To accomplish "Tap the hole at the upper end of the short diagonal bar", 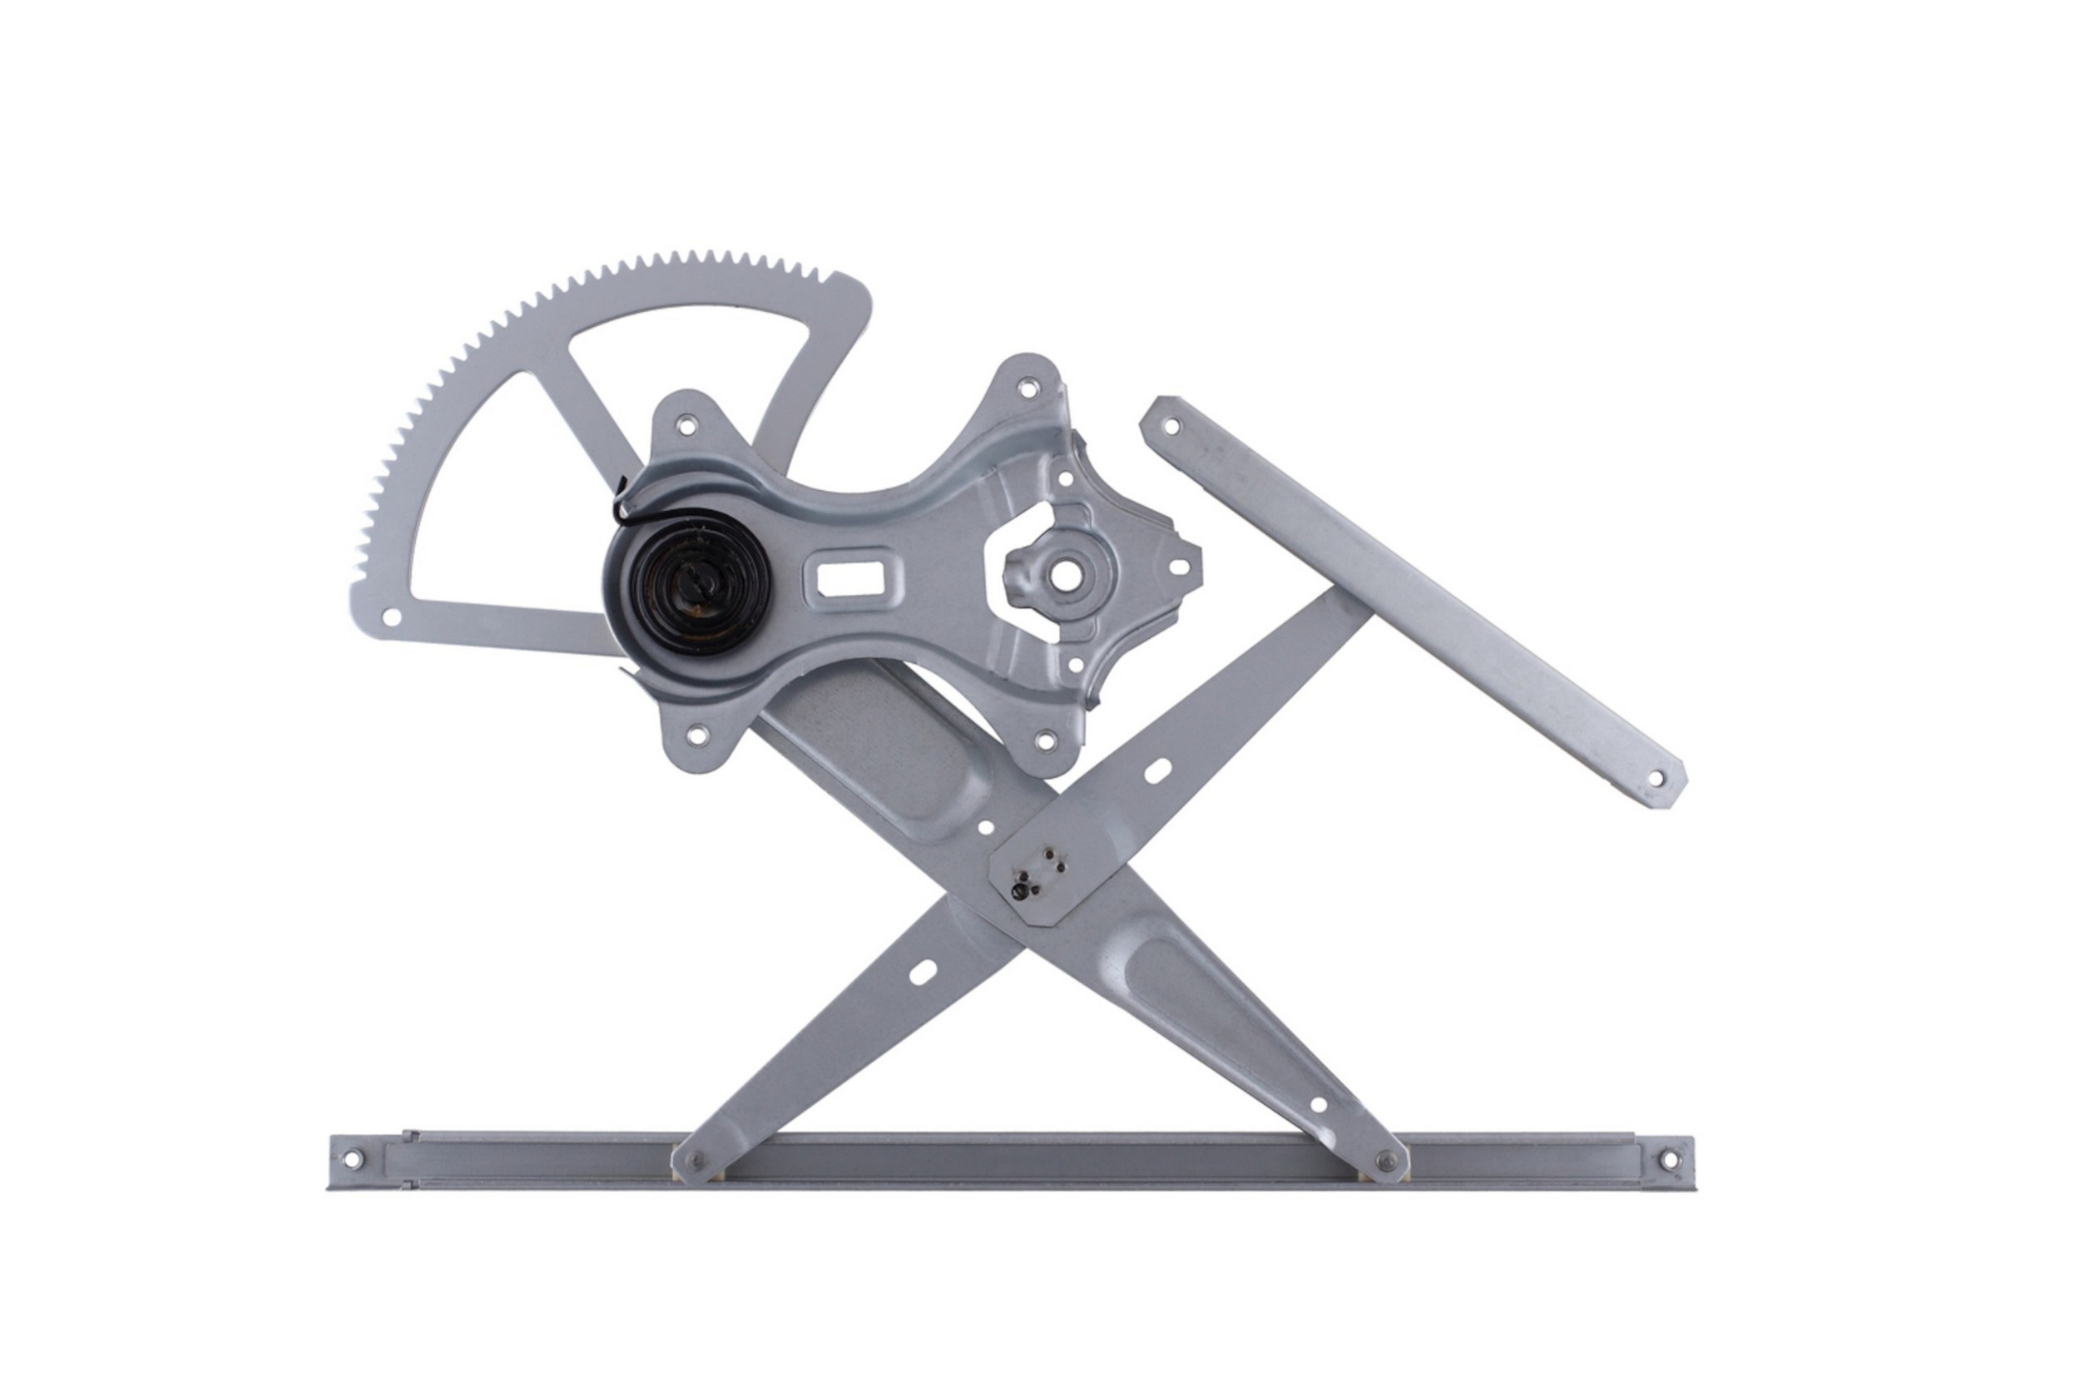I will [x=1171, y=426].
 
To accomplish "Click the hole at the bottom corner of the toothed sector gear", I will [x=390, y=617].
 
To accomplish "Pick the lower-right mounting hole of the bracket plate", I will [x=1045, y=741].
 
